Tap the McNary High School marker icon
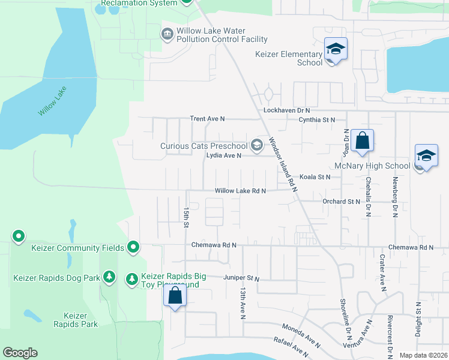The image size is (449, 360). pyautogui.click(x=426, y=156)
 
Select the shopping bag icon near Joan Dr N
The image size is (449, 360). pyautogui.click(x=362, y=142)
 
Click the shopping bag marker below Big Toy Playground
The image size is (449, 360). pyautogui.click(x=175, y=296)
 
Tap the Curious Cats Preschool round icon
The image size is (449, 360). pyautogui.click(x=257, y=145)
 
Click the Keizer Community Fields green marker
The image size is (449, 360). pyautogui.click(x=134, y=247)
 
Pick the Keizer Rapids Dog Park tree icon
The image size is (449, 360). pyautogui.click(x=109, y=277)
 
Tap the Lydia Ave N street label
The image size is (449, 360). pyautogui.click(x=223, y=155)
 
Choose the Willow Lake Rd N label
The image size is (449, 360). pyautogui.click(x=240, y=191)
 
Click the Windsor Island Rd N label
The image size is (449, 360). pyautogui.click(x=283, y=164)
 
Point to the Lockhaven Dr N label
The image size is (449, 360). pyautogui.click(x=286, y=110)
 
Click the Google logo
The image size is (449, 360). pyautogui.click(x=20, y=353)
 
